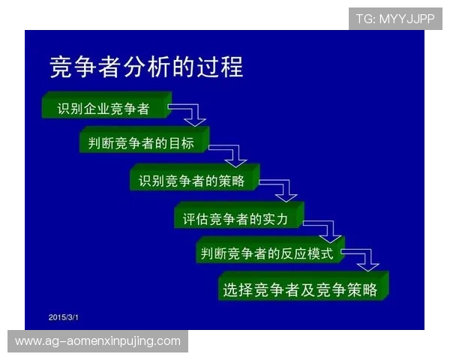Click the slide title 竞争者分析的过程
(146, 67)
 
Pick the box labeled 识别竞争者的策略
(193, 180)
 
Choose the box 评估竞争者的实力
(237, 218)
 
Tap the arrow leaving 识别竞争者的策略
(282, 188)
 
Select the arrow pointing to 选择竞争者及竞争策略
(364, 260)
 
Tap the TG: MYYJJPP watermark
(395, 19)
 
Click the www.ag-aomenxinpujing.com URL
(98, 341)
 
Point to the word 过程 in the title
(222, 67)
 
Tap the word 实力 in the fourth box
(286, 218)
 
